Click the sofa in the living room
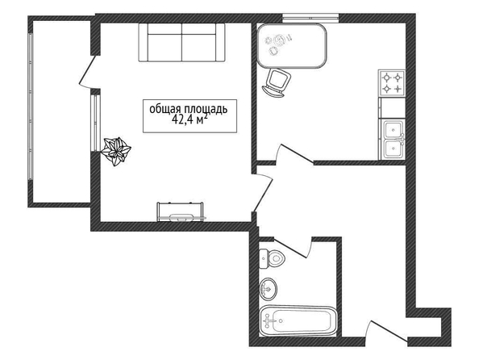pos(181,43)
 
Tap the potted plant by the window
pos(116,152)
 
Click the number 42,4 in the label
pos(182,119)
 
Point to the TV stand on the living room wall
pos(181,211)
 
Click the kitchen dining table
pos(292,45)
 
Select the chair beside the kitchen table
pos(277,83)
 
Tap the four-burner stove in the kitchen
pos(392,83)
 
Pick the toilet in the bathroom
pos(272,259)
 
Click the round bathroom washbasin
pos(269,288)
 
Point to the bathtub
pos(298,320)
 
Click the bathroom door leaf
pos(290,248)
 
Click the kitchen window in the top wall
pos(310,18)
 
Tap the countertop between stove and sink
pos(392,107)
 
